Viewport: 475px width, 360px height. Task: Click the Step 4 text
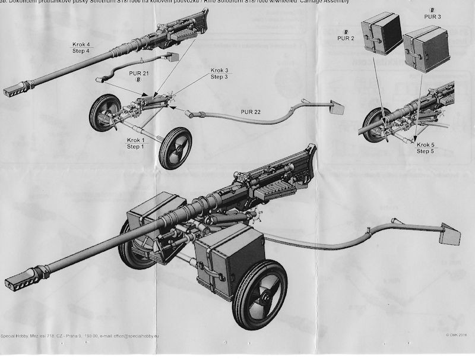(x=82, y=51)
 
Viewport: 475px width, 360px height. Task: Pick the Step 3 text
(x=219, y=77)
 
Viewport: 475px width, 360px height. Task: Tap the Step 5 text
(x=426, y=151)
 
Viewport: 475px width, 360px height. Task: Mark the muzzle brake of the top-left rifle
(x=14, y=90)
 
